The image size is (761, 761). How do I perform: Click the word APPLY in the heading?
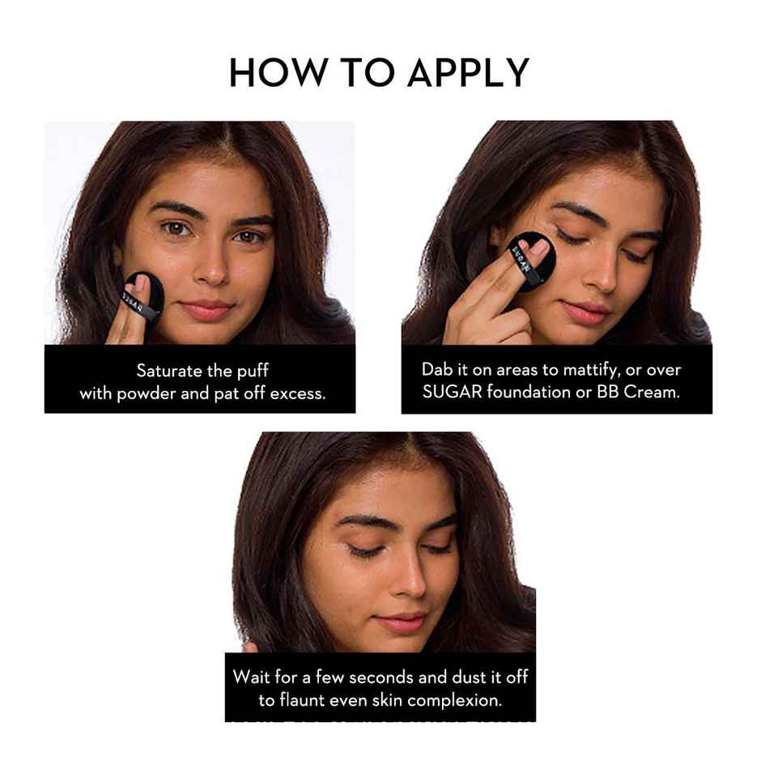point(469,73)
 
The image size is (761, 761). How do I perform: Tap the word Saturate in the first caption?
point(169,371)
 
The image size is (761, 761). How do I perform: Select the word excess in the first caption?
point(297,393)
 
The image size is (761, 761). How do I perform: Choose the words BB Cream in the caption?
point(638,392)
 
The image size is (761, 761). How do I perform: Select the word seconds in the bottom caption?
point(381,678)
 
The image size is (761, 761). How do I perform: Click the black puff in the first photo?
point(143,297)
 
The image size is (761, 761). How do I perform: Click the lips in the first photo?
point(206,308)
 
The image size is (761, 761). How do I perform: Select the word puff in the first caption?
point(253,372)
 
